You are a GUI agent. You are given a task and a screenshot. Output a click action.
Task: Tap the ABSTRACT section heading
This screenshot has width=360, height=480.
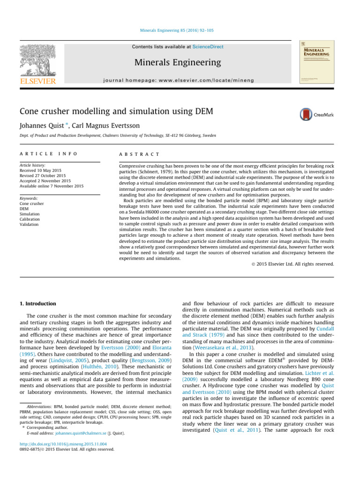tap(140, 154)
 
